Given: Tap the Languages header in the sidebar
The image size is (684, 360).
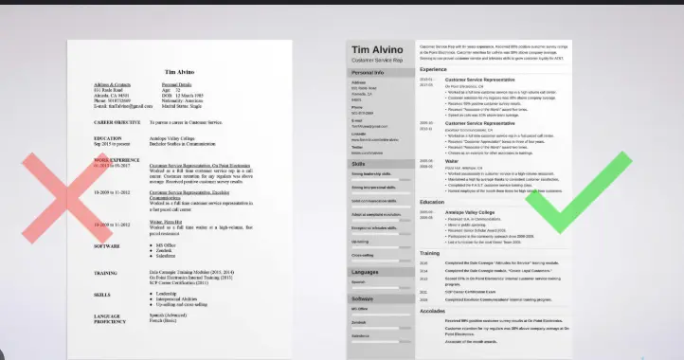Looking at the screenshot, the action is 366,272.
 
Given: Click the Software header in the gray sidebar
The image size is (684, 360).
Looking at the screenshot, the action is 364,299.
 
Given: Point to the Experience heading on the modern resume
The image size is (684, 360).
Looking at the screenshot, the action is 435,70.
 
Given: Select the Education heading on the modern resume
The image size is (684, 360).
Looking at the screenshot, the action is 433,228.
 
